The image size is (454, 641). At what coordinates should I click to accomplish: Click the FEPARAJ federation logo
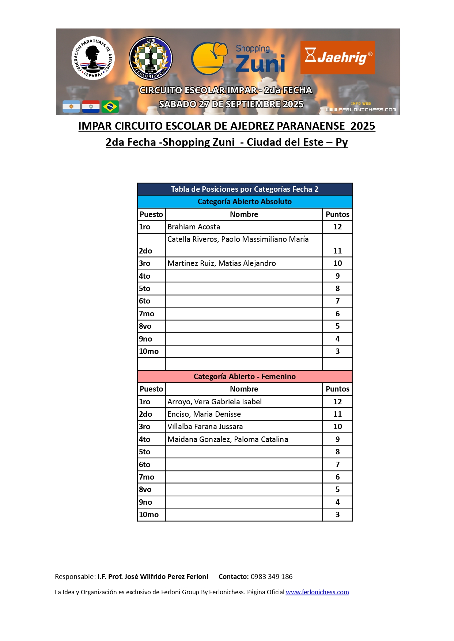93,58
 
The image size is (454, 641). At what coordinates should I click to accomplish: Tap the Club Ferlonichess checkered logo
151,58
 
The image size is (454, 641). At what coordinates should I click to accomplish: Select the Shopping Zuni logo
238,58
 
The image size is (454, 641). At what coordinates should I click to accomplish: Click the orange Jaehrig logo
337,57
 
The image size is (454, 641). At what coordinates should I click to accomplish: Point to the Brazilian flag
110,107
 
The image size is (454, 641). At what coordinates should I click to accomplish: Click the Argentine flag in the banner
71,107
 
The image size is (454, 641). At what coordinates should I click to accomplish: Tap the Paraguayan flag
91,107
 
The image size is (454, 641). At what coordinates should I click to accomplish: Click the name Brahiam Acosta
194,227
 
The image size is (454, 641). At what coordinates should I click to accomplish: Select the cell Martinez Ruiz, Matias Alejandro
222,263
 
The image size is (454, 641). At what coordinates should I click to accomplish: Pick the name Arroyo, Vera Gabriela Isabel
215,402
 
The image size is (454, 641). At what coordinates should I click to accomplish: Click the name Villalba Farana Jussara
205,427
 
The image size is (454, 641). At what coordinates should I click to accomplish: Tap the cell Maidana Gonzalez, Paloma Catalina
228,439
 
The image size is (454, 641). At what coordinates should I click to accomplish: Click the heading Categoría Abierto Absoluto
245,202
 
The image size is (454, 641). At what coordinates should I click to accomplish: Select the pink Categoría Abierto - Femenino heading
245,377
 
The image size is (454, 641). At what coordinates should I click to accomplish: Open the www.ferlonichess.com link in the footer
317,592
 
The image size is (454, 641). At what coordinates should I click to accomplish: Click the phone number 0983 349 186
272,577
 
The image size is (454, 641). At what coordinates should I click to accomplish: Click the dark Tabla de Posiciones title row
245,189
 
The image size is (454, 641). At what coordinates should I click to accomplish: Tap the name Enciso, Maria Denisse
204,414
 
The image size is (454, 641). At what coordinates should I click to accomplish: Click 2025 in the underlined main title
363,126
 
